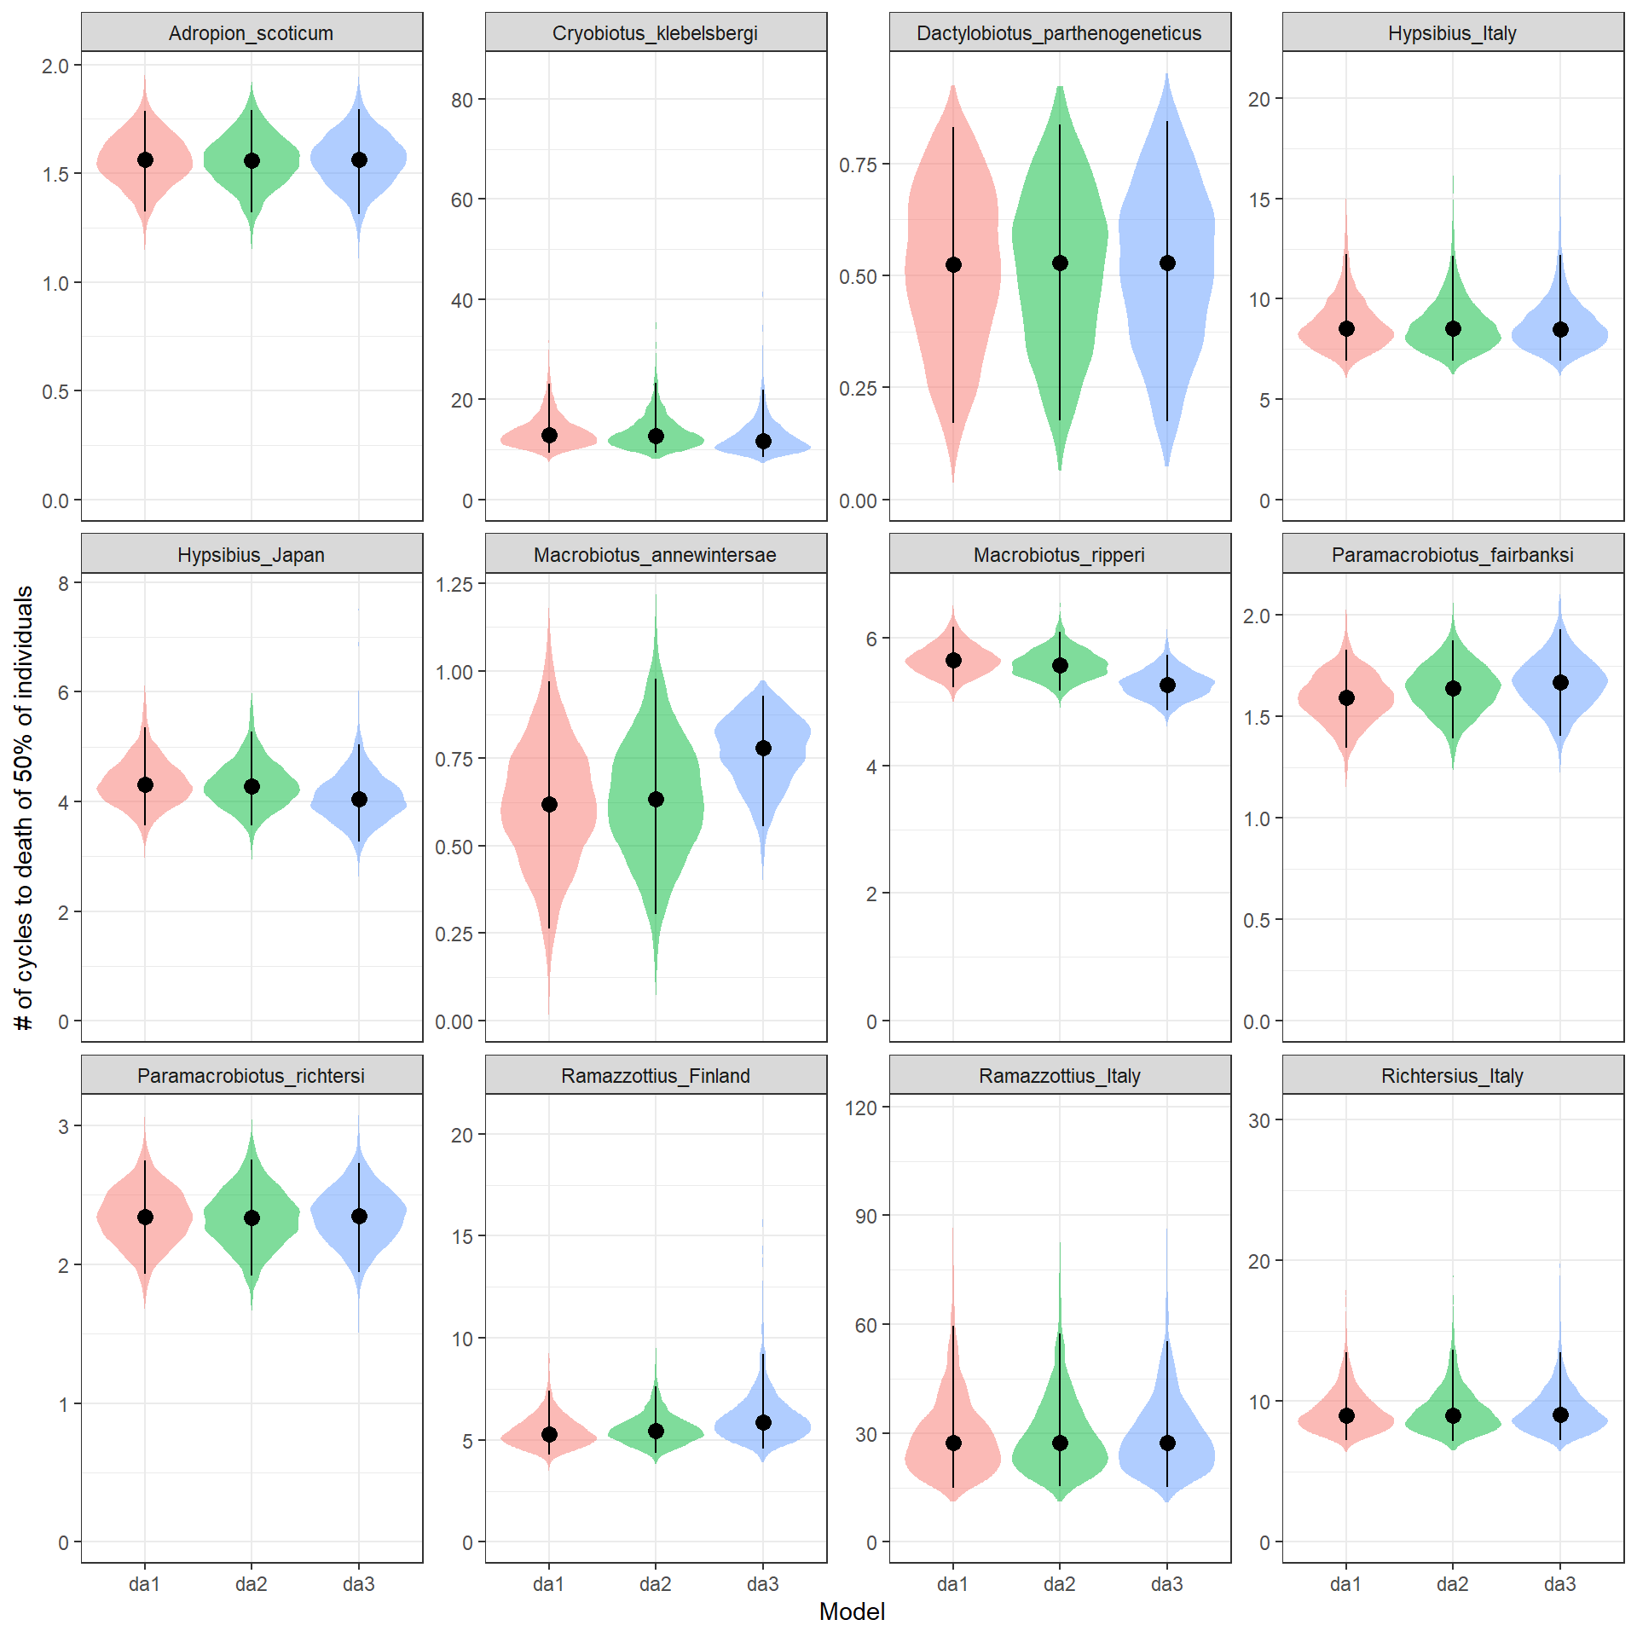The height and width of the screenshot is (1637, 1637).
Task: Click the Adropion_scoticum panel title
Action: click(252, 33)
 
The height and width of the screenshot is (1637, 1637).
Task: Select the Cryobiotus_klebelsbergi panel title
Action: click(655, 33)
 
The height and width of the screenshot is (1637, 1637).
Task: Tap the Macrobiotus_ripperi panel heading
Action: click(1059, 555)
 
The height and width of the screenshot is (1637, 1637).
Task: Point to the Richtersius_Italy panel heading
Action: click(1452, 1076)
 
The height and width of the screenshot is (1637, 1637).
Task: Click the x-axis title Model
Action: click(852, 1611)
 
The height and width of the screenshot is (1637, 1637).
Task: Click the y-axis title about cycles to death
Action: click(25, 807)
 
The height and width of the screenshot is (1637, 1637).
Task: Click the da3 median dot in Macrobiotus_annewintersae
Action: click(763, 748)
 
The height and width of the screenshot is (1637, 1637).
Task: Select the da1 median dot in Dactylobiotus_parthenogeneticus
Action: click(953, 265)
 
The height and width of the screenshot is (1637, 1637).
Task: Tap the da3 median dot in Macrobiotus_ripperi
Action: click(1167, 685)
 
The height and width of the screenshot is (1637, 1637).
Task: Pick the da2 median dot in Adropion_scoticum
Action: click(252, 160)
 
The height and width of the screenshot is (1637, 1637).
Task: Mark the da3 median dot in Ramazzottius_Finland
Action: click(763, 1422)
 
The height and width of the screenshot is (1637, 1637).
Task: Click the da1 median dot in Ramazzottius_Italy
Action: click(953, 1443)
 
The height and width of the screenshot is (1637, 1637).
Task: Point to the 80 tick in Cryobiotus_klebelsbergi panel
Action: click(462, 100)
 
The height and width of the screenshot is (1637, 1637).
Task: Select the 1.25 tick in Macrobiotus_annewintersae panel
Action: click(454, 584)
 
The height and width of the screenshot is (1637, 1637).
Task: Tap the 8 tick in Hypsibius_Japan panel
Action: click(64, 583)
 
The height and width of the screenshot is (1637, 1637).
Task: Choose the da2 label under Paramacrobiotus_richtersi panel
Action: click(252, 1584)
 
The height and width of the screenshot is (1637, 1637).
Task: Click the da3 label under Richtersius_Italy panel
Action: click(1559, 1584)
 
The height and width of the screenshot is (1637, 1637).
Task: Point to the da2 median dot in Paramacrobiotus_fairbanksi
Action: click(1453, 688)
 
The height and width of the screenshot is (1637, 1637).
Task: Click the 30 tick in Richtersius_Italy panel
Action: click(1259, 1120)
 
